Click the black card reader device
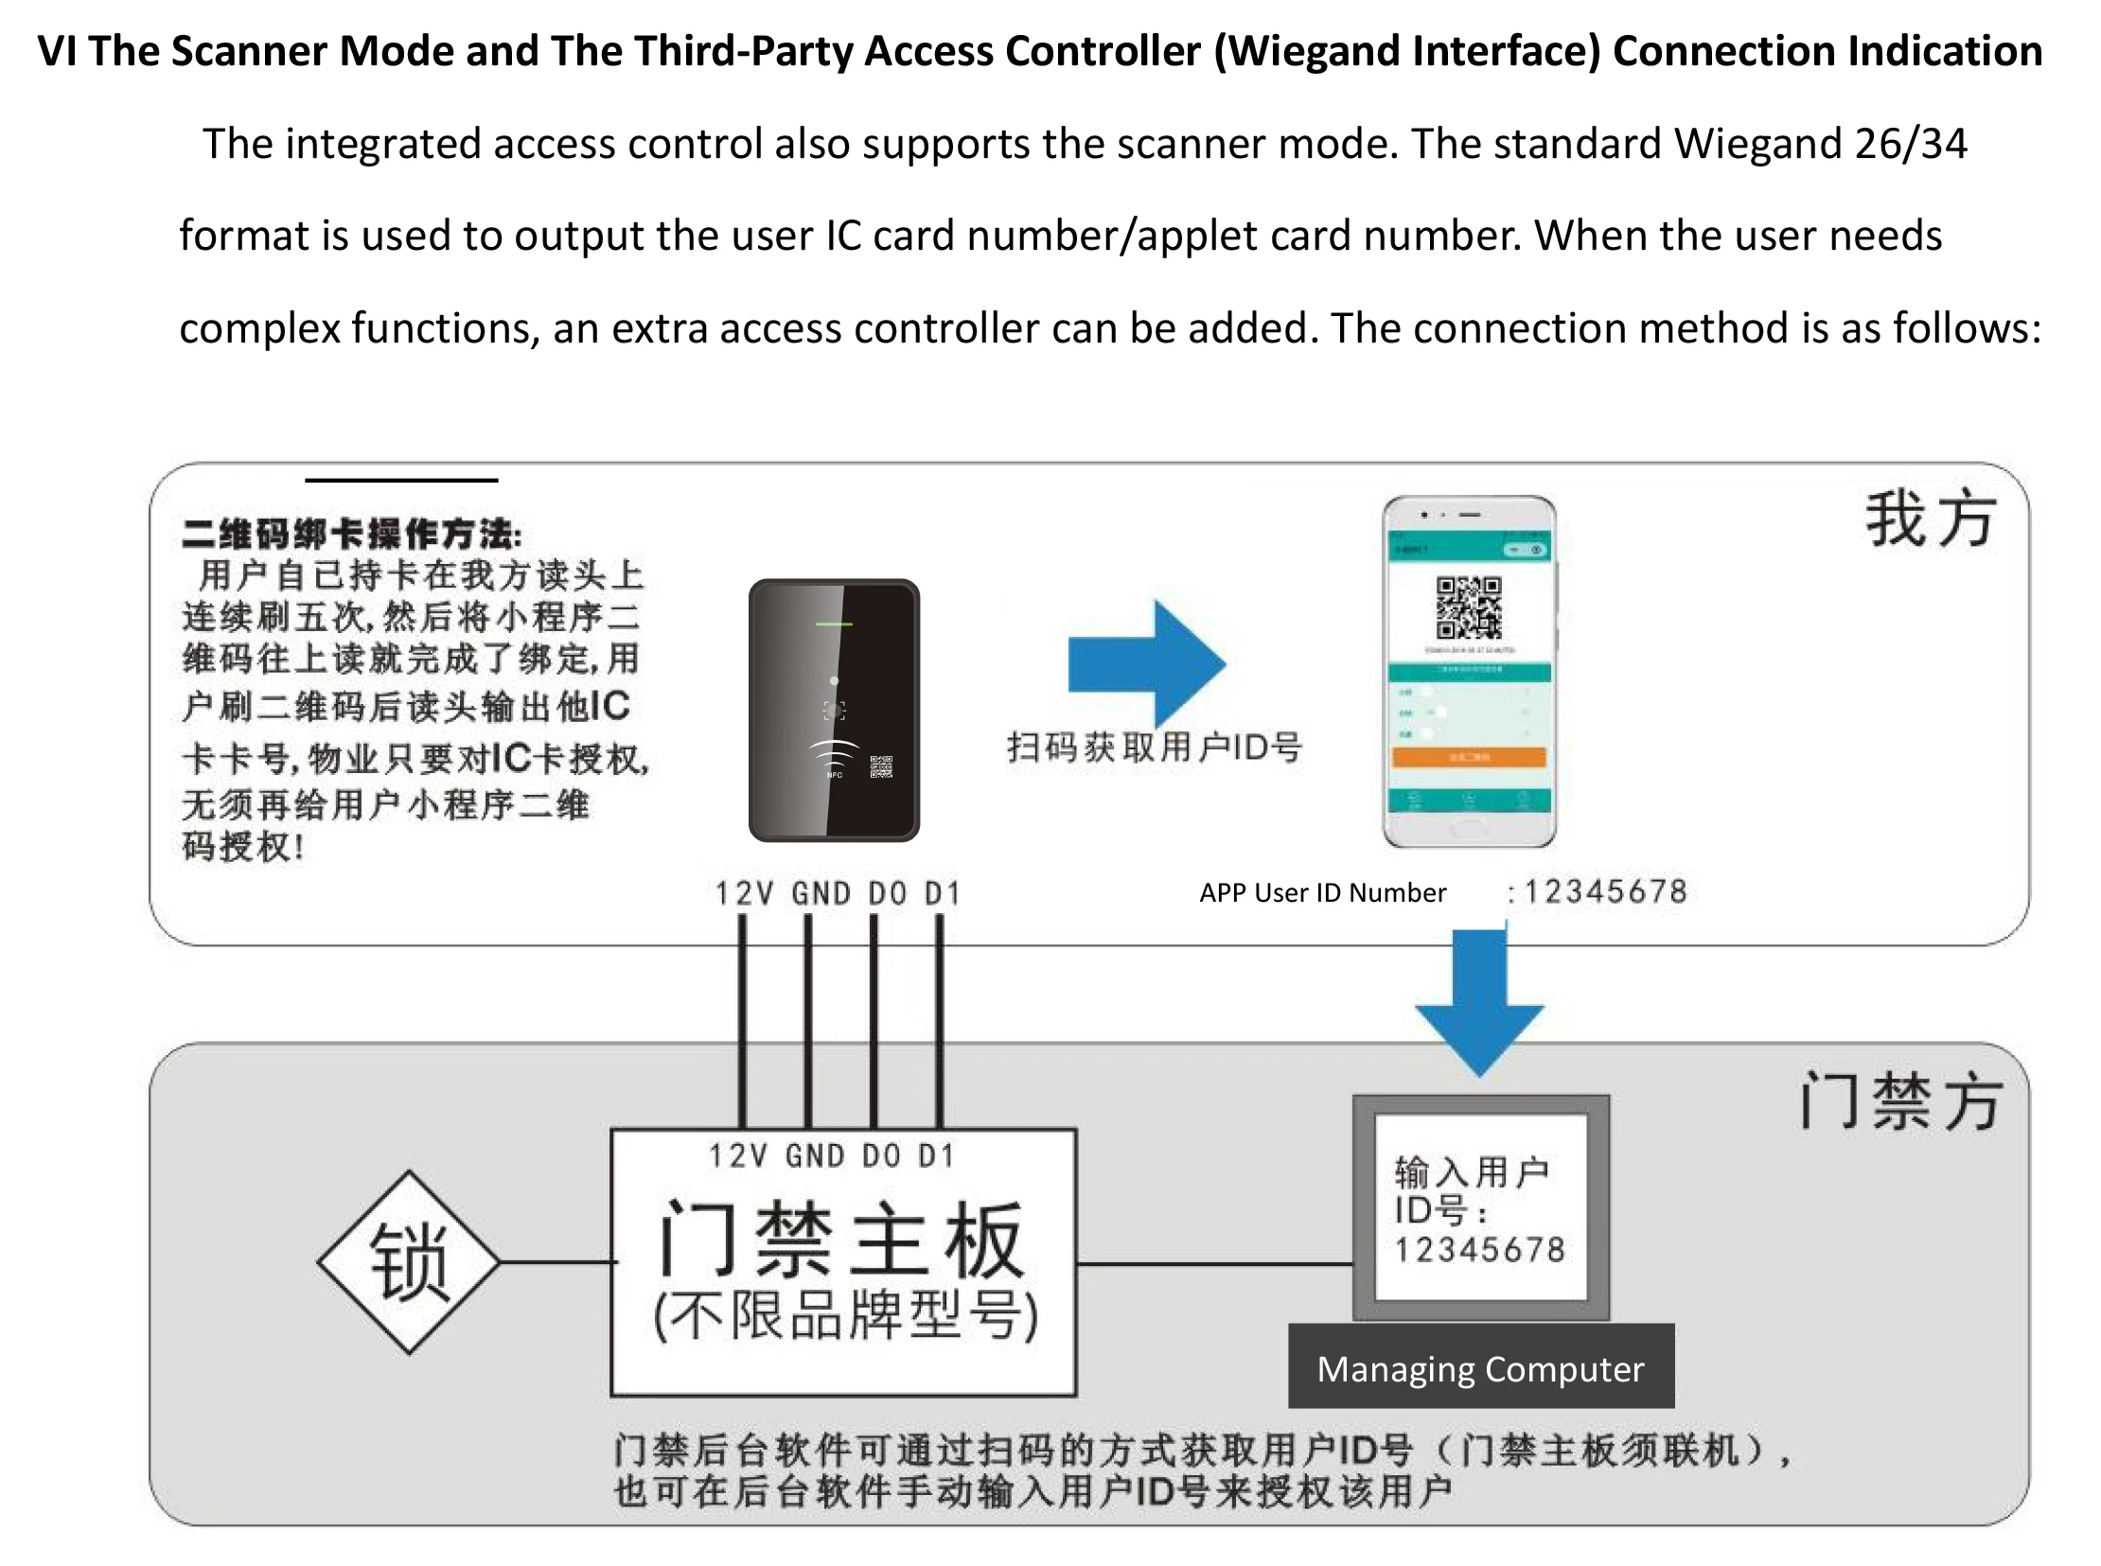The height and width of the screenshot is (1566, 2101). (834, 710)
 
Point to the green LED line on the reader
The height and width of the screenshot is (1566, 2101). (835, 624)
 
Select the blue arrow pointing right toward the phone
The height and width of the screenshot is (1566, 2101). (1147, 663)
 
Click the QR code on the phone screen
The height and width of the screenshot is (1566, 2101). (1469, 607)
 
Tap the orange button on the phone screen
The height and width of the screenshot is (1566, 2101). (1469, 756)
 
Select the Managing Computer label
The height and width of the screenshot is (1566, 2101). (1480, 1369)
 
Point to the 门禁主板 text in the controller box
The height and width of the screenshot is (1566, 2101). (841, 1240)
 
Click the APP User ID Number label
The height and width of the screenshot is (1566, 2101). (1323, 893)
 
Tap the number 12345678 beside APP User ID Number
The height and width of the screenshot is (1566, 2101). (1605, 892)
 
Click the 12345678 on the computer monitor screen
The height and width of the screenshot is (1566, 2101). (1479, 1249)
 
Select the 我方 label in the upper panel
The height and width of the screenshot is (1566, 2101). (1931, 519)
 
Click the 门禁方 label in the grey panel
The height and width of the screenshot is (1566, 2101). (1900, 1101)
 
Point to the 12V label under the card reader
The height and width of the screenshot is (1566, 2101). (743, 893)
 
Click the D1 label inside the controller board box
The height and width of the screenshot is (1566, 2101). (937, 1155)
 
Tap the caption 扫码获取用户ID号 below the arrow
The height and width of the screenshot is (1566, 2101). (1154, 748)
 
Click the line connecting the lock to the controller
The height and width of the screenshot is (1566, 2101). (556, 1262)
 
